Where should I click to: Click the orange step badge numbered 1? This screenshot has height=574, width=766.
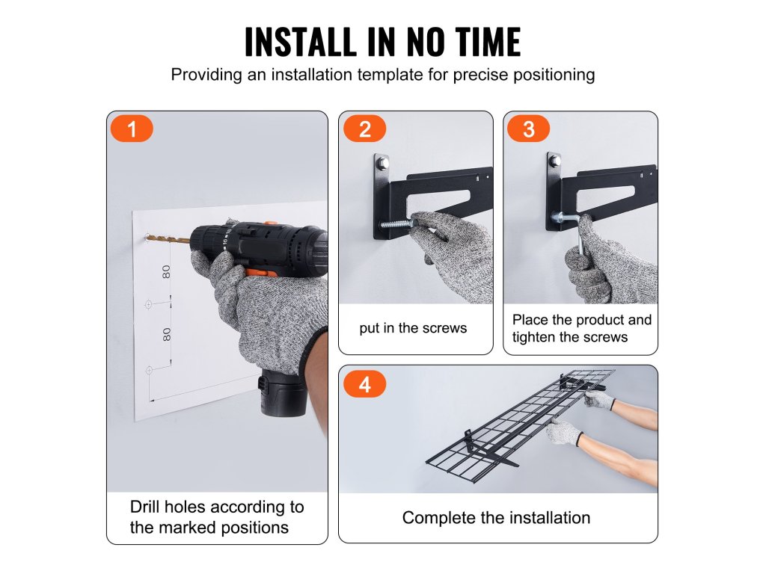[132, 129]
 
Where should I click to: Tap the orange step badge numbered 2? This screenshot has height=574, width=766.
[364, 129]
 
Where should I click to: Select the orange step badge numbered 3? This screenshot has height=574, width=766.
[529, 129]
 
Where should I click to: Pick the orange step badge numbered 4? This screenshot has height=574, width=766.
[364, 384]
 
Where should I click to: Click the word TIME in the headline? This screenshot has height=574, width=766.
[488, 42]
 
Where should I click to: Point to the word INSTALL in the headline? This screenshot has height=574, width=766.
[300, 42]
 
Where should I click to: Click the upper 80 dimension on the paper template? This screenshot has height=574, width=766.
[167, 272]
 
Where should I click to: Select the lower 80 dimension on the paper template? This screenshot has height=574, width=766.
[167, 334]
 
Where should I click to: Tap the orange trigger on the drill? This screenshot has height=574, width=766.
[256, 272]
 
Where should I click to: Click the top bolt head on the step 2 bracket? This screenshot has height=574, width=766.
[382, 161]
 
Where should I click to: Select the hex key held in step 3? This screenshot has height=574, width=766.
[572, 230]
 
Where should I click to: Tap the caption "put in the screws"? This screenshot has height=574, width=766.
[413, 329]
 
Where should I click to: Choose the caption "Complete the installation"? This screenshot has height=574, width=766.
[497, 518]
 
